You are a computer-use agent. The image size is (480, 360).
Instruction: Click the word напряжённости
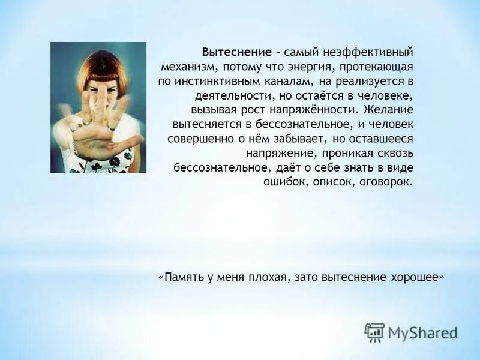pyautogui.click(x=314, y=110)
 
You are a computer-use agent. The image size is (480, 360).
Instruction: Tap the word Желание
pyautogui.click(x=389, y=110)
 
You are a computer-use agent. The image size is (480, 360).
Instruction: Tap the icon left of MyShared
pyautogui.click(x=374, y=332)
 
